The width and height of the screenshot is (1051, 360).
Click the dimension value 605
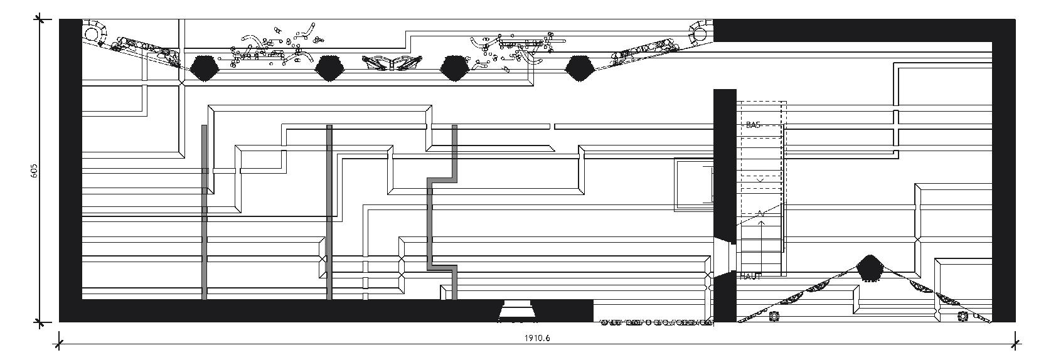[34, 171]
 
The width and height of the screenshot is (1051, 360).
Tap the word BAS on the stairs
[753, 125]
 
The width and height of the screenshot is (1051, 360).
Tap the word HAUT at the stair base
[750, 277]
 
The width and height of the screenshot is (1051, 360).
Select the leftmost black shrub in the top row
[203, 68]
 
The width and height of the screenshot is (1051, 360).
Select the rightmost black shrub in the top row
[580, 68]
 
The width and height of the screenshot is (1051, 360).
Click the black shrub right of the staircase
[869, 268]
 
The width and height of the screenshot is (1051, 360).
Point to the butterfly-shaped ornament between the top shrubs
[392, 63]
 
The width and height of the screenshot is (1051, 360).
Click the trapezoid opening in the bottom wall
[516, 311]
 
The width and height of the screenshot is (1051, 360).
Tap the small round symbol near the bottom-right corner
[963, 317]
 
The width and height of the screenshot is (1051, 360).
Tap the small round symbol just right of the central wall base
[774, 317]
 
